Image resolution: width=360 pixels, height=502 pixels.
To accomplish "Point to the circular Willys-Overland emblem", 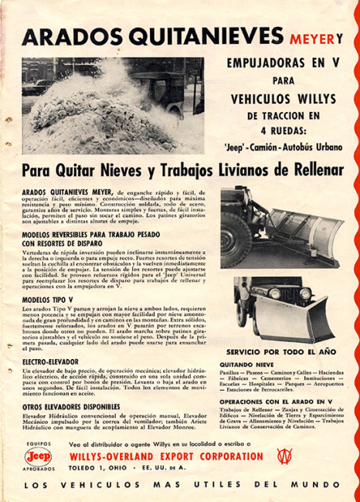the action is (x=284, y=456).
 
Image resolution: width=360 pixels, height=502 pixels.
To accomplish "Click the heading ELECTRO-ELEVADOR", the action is (x=50, y=360).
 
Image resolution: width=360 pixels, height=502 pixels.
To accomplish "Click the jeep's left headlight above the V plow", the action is (x=273, y=294).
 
